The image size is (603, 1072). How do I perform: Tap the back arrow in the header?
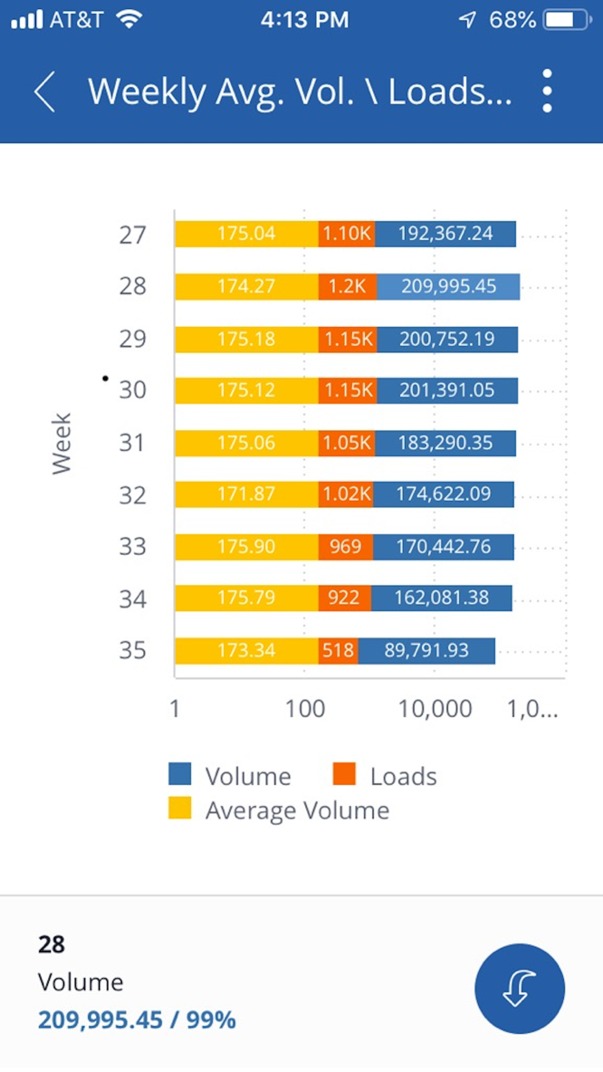[x=45, y=92]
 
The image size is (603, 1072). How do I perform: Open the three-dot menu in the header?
[x=547, y=91]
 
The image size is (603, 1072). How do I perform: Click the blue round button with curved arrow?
[x=519, y=988]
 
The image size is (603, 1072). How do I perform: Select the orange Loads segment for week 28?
[x=347, y=286]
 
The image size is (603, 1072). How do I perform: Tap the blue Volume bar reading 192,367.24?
[x=445, y=234]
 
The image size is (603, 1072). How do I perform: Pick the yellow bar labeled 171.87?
[x=246, y=494]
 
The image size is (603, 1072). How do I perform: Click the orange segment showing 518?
[x=338, y=651]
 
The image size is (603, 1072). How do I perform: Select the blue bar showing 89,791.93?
[x=426, y=651]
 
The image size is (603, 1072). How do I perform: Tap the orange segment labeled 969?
[x=345, y=547]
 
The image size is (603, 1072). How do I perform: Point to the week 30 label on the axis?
[x=133, y=390]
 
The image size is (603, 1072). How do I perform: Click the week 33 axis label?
[x=133, y=547]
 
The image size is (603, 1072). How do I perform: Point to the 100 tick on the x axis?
[x=305, y=709]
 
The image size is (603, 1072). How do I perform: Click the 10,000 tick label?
[x=435, y=709]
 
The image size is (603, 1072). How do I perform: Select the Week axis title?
[x=62, y=444]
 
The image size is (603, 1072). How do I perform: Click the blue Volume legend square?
[x=180, y=774]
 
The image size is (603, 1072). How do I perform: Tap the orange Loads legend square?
[x=344, y=774]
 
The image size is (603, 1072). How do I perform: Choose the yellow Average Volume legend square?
[x=180, y=809]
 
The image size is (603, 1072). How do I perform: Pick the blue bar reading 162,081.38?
[x=441, y=598]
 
